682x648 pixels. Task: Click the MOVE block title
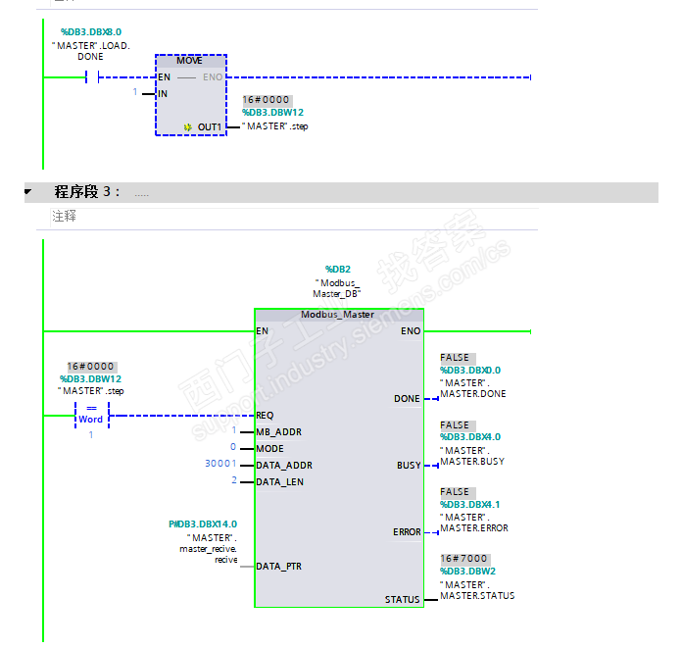tap(190, 61)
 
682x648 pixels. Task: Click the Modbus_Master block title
tap(338, 315)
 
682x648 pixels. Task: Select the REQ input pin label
tap(265, 416)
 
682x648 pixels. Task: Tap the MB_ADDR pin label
tap(278, 432)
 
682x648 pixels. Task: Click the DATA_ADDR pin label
tap(283, 465)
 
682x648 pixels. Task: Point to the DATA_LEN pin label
tap(280, 481)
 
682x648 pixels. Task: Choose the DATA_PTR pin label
tap(279, 566)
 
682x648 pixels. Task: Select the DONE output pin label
tap(407, 399)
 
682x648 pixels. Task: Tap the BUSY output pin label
tap(408, 466)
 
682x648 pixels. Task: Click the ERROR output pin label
tap(407, 532)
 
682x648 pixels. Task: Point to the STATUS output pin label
tap(402, 599)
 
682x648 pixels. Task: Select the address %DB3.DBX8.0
tap(90, 32)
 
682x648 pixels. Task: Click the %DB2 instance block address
tap(337, 269)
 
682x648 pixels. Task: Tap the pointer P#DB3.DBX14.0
tap(203, 524)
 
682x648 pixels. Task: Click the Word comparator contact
tap(91, 414)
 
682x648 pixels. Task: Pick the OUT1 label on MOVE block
tap(209, 127)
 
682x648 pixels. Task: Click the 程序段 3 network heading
tap(87, 192)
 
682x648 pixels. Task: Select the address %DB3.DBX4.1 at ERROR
tap(470, 504)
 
